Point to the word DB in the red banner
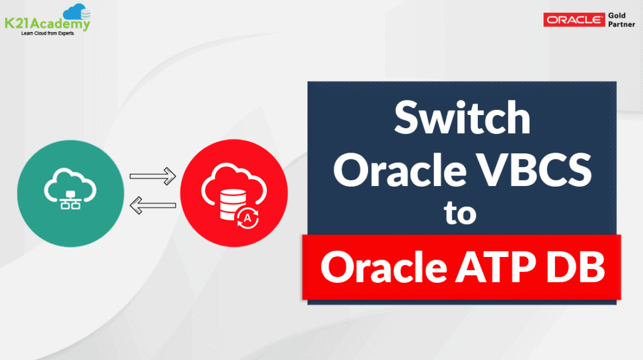(x=575, y=266)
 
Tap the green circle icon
(x=69, y=190)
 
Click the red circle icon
(x=234, y=191)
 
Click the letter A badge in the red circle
(x=248, y=217)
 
